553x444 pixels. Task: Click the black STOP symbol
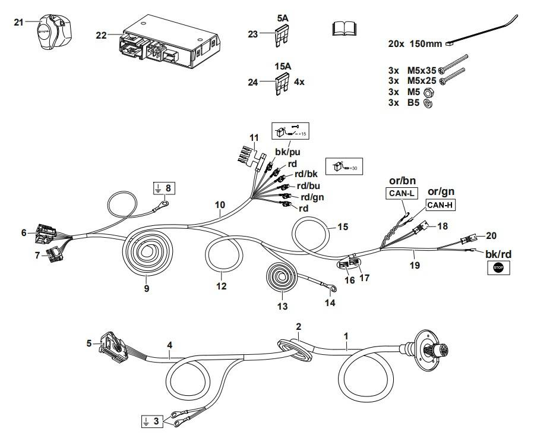click(498, 269)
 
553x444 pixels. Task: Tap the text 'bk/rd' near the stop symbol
click(498, 254)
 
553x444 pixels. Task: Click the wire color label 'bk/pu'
click(287, 153)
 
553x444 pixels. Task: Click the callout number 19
click(415, 266)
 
